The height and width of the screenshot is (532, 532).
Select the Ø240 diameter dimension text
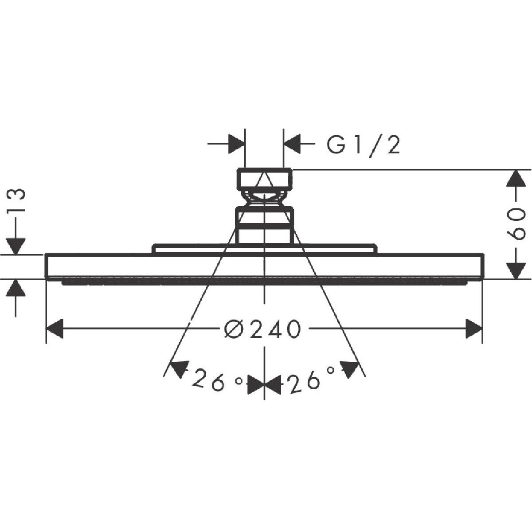tap(262, 329)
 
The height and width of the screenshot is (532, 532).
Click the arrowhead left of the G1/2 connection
tap(237, 144)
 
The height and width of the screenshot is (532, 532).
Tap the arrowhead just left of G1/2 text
tap(292, 144)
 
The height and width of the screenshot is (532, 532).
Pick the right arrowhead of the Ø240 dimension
tap(474, 328)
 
